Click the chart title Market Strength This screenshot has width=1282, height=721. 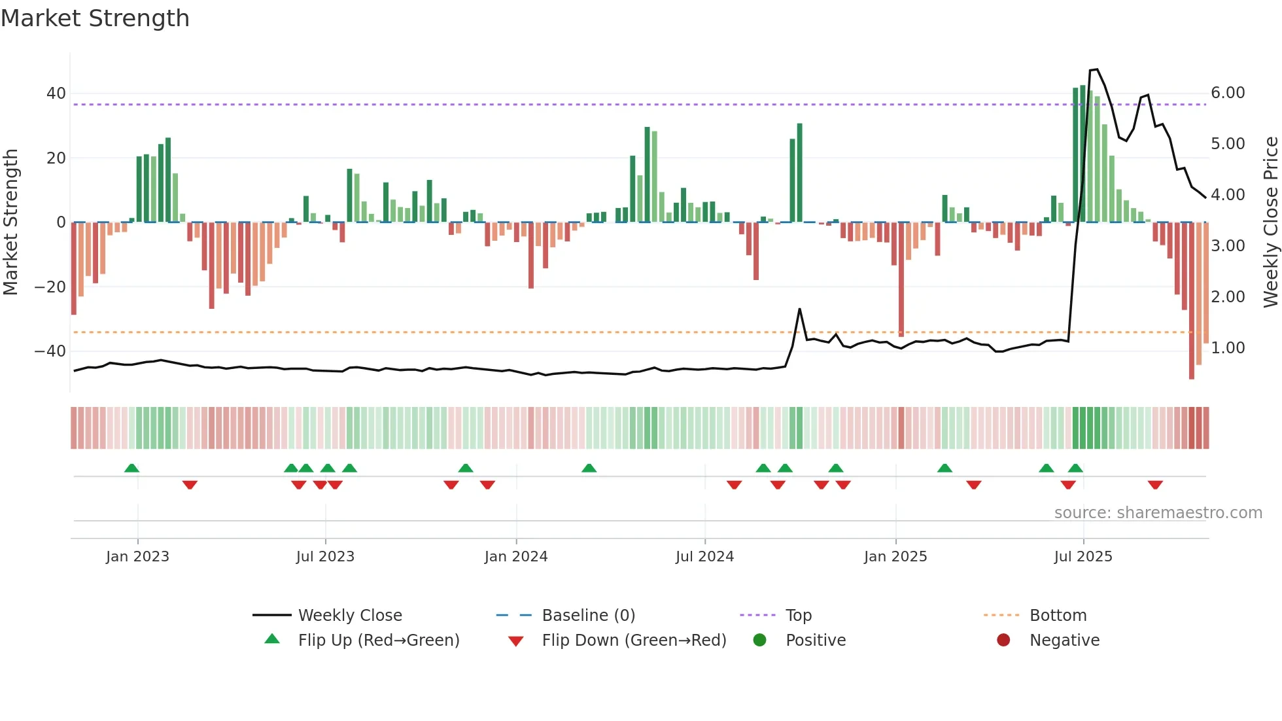click(x=95, y=18)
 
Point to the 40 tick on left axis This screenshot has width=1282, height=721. click(x=56, y=94)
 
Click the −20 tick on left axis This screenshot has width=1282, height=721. click(x=50, y=287)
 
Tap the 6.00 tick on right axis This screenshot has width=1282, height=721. click(x=1227, y=93)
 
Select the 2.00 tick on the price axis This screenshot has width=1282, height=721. click(x=1227, y=297)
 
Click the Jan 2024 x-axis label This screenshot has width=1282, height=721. click(x=515, y=557)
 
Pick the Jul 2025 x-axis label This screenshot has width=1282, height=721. click(x=1083, y=557)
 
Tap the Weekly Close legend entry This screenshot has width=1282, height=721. click(x=349, y=616)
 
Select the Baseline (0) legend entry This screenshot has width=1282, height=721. click(x=588, y=616)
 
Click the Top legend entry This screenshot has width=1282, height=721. click(x=798, y=616)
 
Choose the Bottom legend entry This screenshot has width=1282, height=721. click(x=1058, y=616)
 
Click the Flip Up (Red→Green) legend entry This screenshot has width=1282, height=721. click(x=378, y=641)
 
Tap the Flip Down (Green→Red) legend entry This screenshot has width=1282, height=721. click(x=633, y=641)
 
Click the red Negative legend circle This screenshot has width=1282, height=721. click(x=1003, y=641)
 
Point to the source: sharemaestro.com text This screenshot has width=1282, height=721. click(x=1158, y=513)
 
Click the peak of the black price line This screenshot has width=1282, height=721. click(x=1096, y=69)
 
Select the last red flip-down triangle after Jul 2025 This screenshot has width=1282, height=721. click(x=1155, y=485)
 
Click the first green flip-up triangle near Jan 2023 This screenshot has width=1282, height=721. click(x=131, y=468)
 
